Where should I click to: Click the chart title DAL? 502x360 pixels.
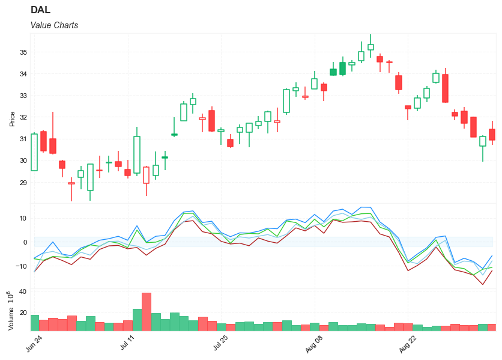coord(40,10)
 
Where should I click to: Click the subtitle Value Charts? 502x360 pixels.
coord(54,25)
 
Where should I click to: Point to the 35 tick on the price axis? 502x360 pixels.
coord(23,52)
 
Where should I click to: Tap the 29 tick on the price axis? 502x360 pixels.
coord(23,182)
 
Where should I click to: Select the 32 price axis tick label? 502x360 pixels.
coord(23,117)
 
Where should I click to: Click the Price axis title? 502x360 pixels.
coord(12,118)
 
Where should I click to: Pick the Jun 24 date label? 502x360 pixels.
coord(34,344)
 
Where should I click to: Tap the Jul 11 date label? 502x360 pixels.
coord(127,344)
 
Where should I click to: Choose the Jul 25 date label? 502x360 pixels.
coord(220,344)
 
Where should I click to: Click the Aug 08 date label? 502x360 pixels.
coord(314,344)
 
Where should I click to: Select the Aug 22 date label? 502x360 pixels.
coord(408,344)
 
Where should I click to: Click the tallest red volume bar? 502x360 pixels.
coord(146,311)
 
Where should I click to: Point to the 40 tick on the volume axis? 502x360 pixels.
coord(23,291)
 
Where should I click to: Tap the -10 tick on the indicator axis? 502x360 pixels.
coord(21,266)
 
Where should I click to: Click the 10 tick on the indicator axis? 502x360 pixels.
coord(23,218)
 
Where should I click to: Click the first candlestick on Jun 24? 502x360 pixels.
coord(34,152)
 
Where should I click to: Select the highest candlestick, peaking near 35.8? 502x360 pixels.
coord(370,47)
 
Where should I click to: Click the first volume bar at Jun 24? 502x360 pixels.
coord(34,323)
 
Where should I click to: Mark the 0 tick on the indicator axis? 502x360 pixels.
coord(25,242)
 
